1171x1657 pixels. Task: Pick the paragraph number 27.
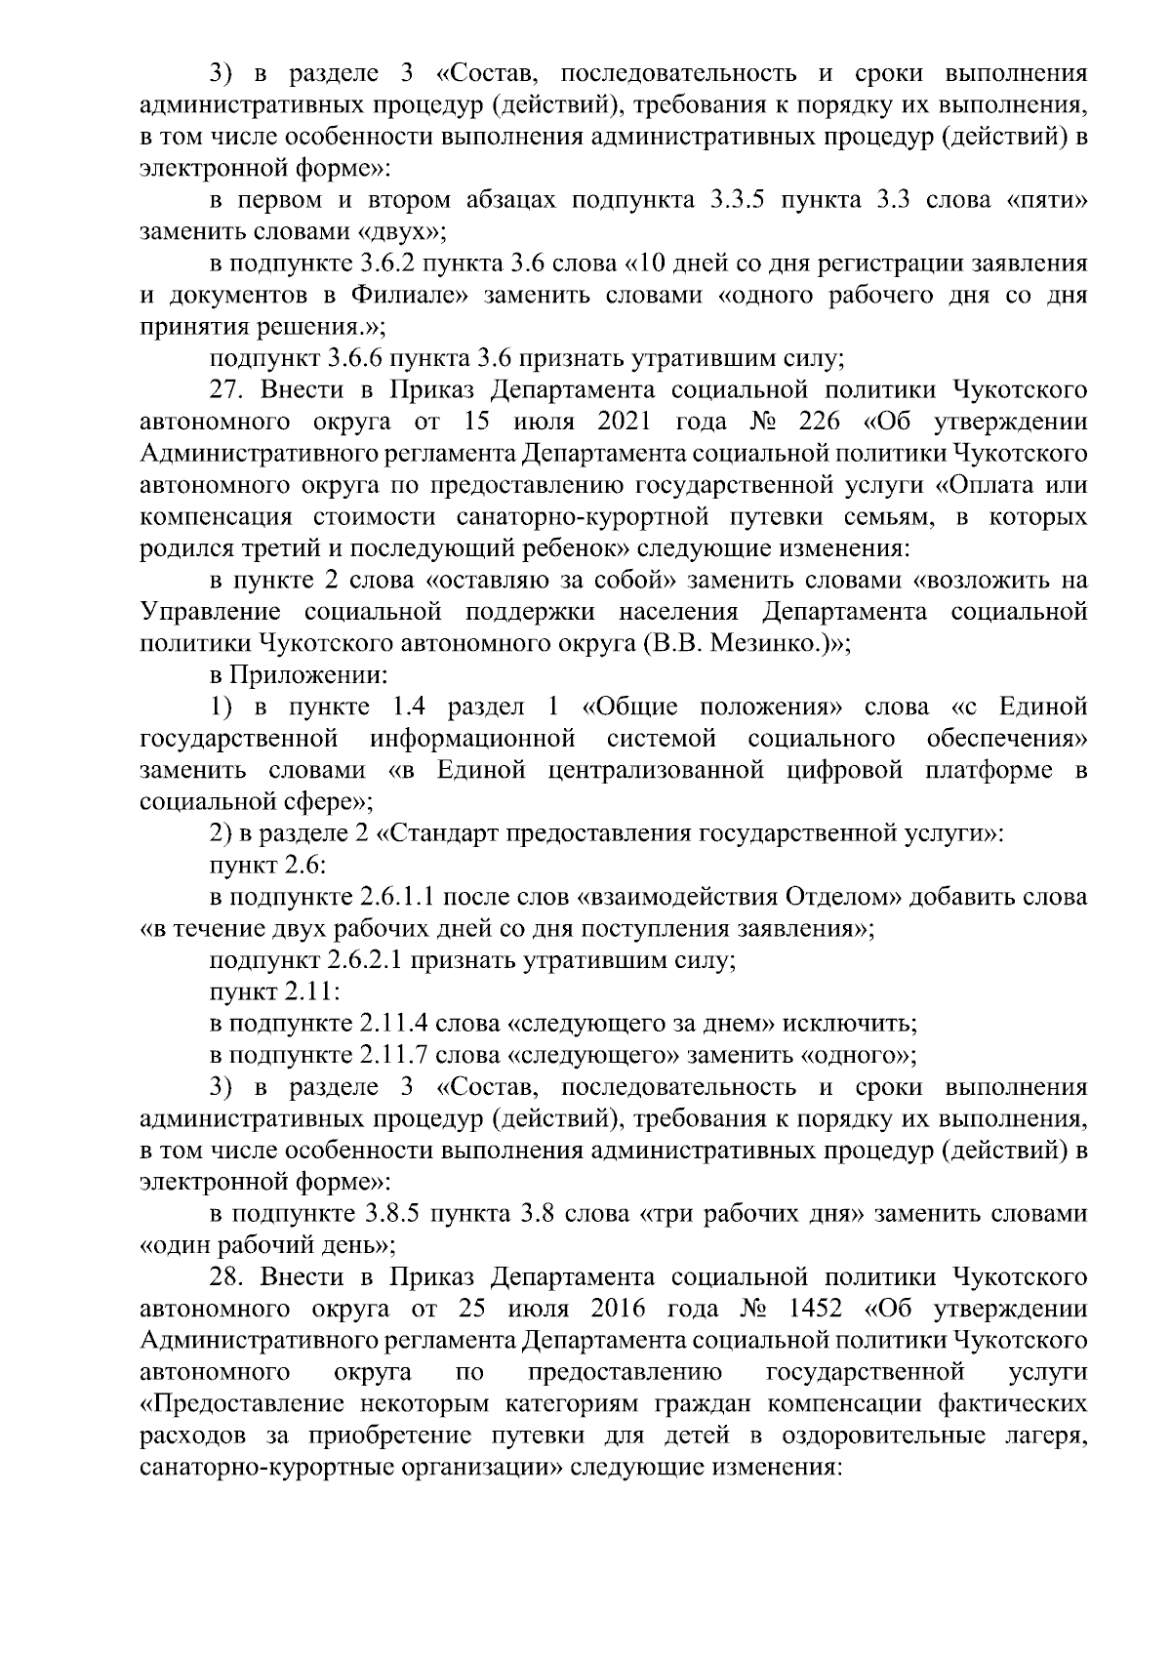tap(230, 390)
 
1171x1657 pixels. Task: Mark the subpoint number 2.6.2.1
tap(362, 960)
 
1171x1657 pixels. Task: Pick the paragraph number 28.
tap(230, 1276)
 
